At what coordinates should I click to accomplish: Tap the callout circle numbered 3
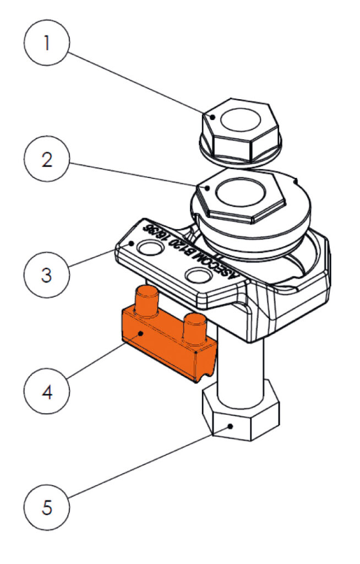pyautogui.click(x=47, y=274)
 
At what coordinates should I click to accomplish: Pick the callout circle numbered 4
pyautogui.click(x=47, y=393)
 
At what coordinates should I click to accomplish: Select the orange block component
pyautogui.click(x=165, y=341)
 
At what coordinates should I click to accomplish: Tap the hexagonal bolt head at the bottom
pyautogui.click(x=239, y=416)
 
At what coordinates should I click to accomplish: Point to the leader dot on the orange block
pyautogui.click(x=141, y=334)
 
